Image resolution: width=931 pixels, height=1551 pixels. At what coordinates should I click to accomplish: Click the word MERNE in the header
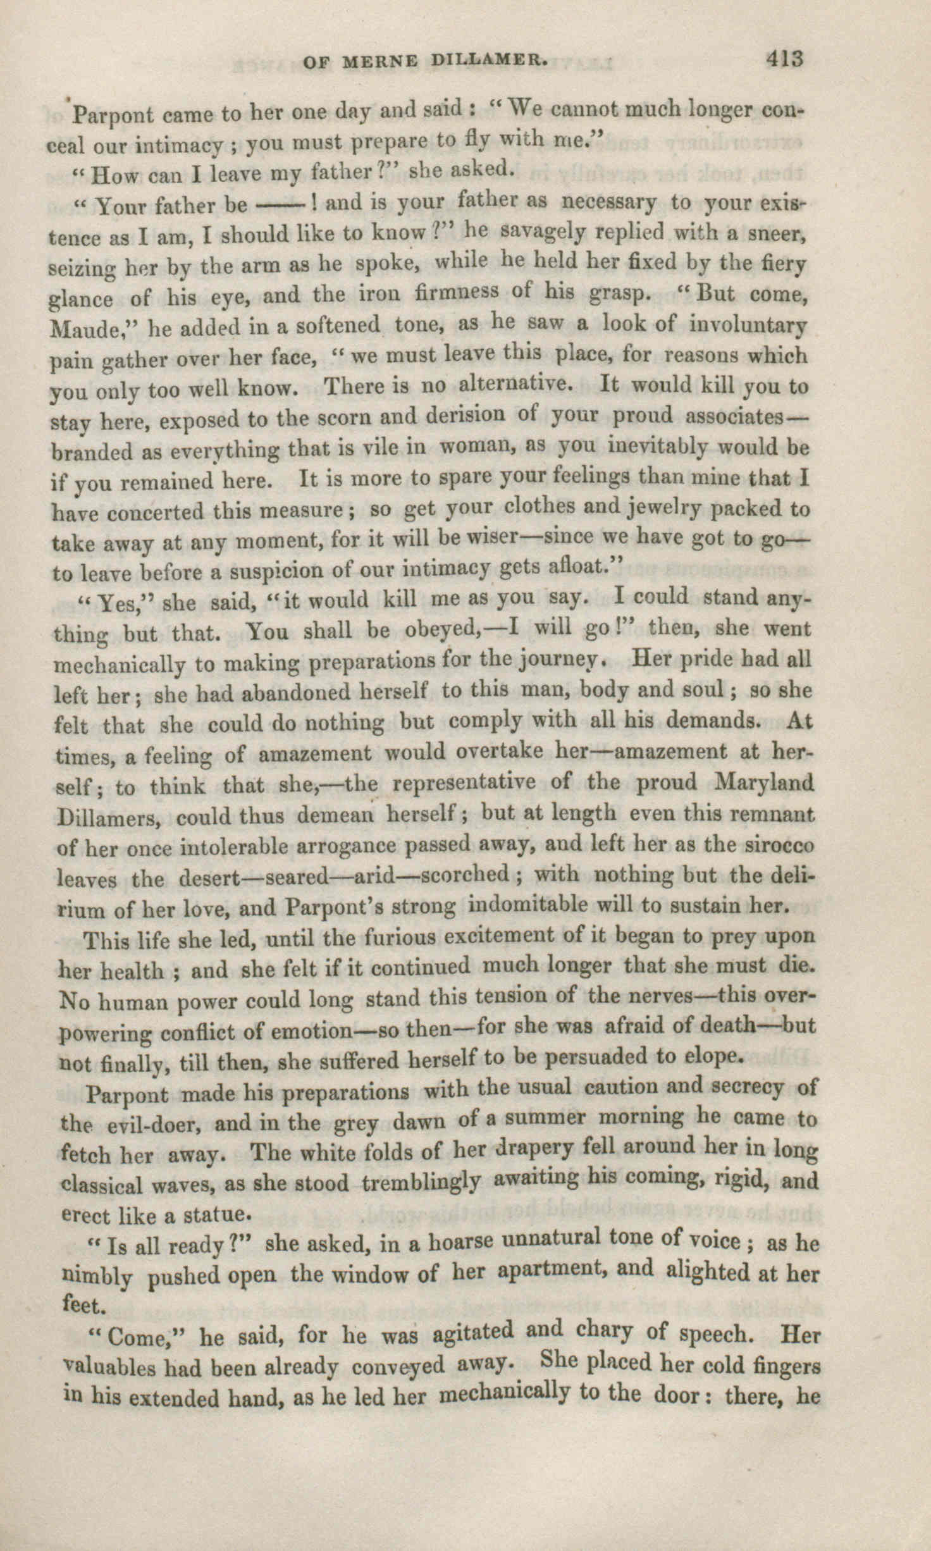pyautogui.click(x=380, y=61)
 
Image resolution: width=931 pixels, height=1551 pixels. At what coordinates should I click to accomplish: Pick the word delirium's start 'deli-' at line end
pyautogui.click(x=792, y=876)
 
